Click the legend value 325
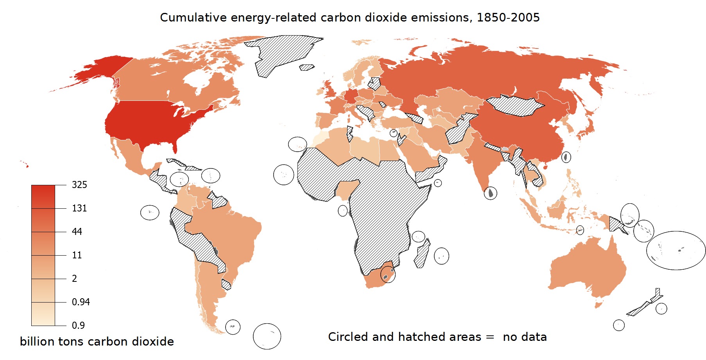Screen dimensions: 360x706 tap(79, 184)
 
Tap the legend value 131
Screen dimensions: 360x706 tap(79, 208)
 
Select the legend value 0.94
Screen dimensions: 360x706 tap(81, 302)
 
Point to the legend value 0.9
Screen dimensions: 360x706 tap(78, 325)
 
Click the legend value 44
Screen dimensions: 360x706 tap(77, 231)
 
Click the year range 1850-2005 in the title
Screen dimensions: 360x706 tap(508, 18)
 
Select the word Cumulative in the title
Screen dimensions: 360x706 tap(193, 18)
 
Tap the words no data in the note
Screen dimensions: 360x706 tap(525, 337)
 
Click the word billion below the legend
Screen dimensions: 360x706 tap(37, 341)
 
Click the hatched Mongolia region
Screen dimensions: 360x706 tap(514, 105)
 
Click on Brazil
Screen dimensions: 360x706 tap(231, 235)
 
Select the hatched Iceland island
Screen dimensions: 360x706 tap(307, 68)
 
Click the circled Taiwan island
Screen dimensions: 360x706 tap(566, 157)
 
